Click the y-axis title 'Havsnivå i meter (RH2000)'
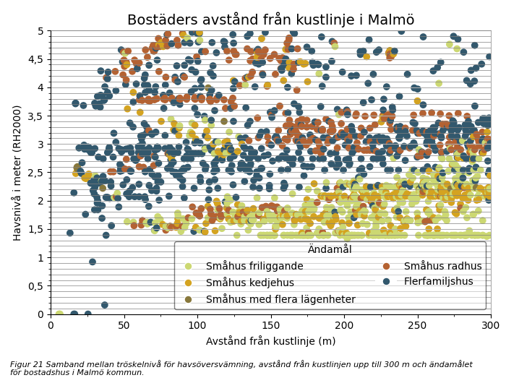[17, 172]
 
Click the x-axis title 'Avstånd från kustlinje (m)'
[270, 341]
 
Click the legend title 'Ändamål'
[330, 249]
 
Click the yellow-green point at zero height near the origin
[59, 314]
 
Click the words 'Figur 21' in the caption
[26, 365]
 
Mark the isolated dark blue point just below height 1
[93, 262]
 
